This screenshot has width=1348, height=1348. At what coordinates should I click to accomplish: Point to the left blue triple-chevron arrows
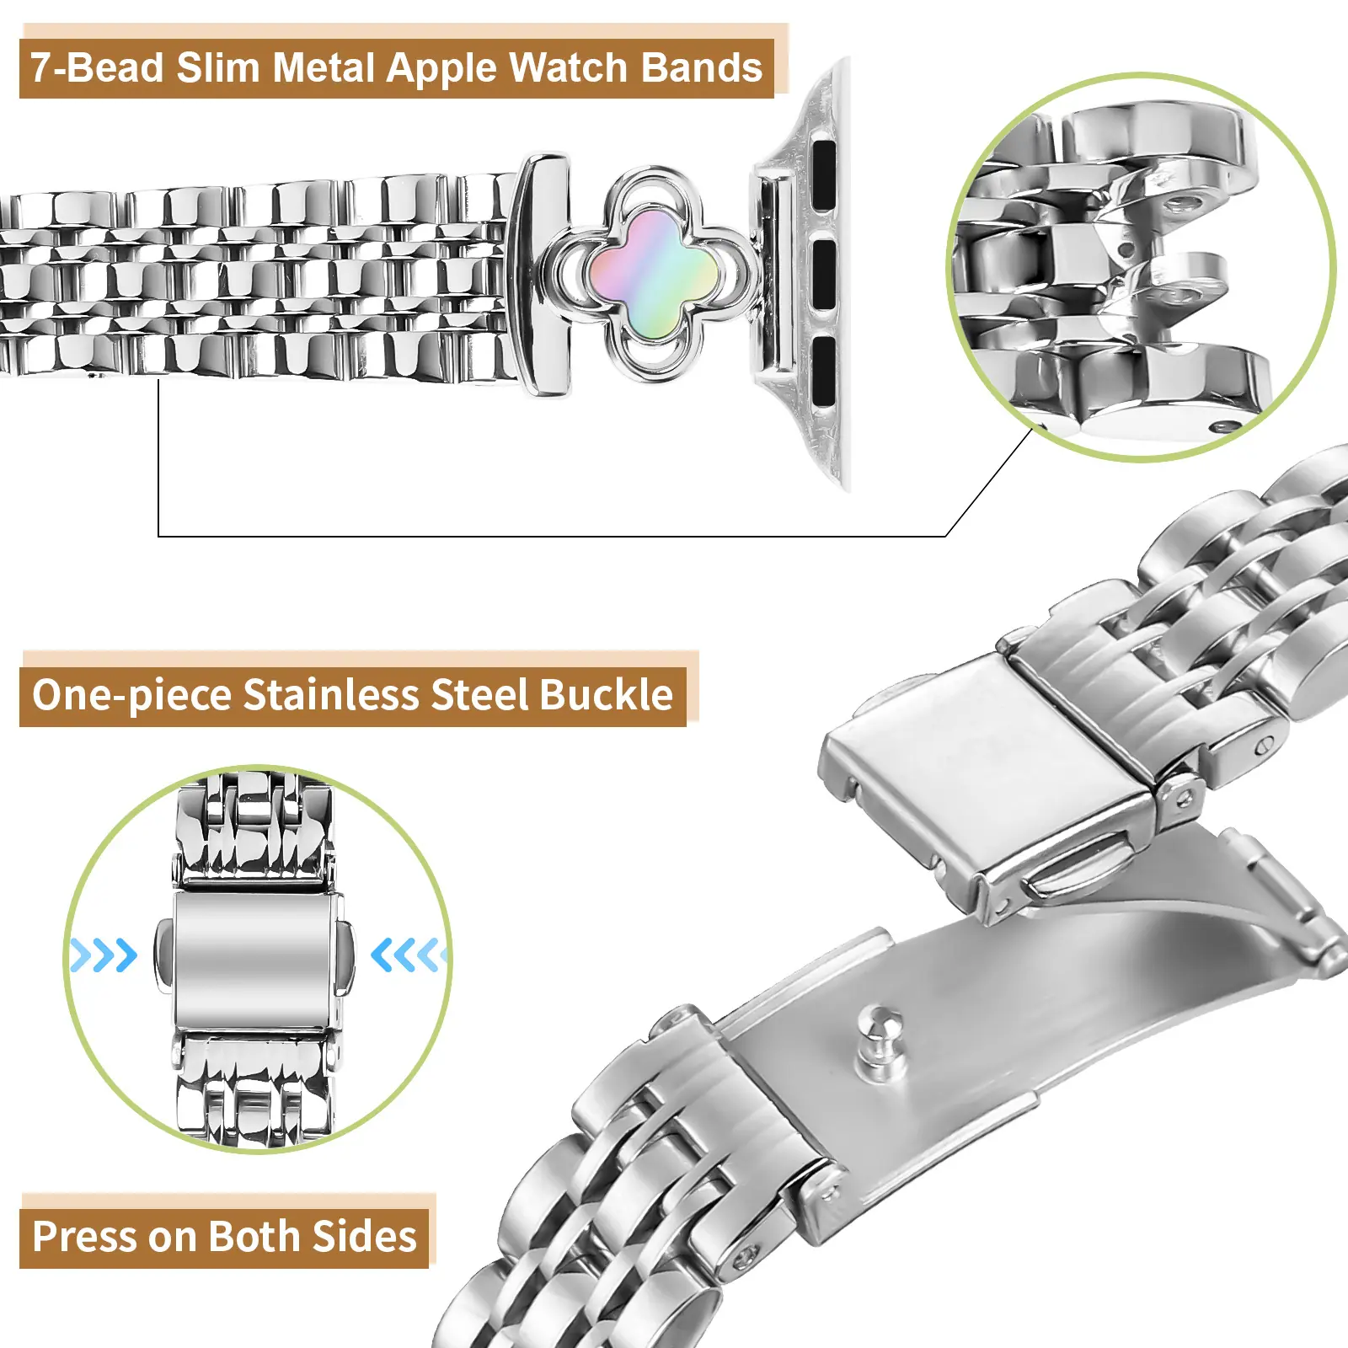click(103, 955)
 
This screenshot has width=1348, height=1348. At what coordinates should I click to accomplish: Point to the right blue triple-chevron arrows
click(409, 955)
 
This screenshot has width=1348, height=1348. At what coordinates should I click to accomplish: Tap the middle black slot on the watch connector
click(824, 275)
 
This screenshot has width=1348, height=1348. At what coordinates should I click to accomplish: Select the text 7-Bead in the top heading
click(97, 67)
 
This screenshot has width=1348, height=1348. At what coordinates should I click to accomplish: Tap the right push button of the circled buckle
click(345, 955)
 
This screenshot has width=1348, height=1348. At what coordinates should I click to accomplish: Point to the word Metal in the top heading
click(324, 67)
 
